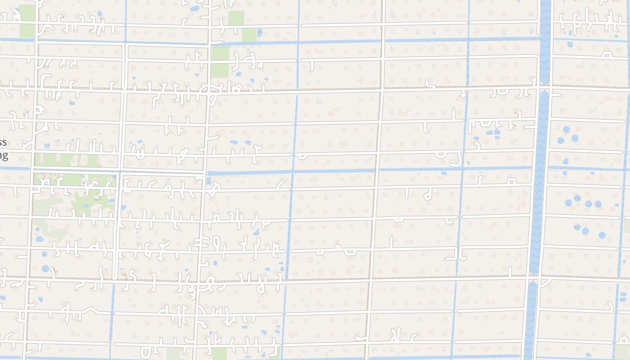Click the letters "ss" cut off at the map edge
point(4,143)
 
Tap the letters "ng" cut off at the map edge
point(4,156)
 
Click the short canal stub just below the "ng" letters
point(13,168)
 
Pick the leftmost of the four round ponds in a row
point(568,203)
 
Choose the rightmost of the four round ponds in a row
point(598,204)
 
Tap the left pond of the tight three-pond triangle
point(560,140)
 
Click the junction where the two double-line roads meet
point(119,171)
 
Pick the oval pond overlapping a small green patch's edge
point(259,32)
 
